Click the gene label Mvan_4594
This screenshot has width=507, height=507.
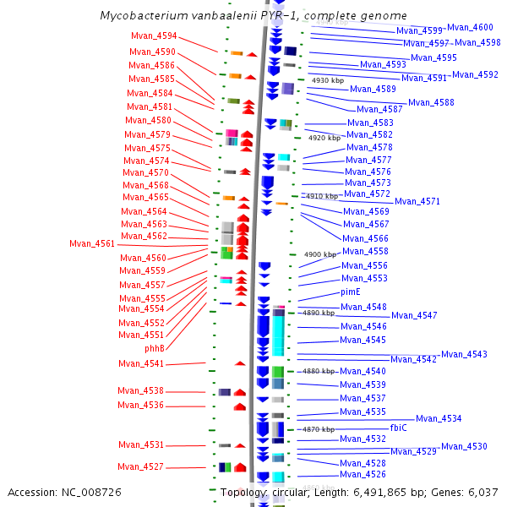(155, 36)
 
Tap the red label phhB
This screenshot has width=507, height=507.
(155, 348)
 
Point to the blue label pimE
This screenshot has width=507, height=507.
(351, 292)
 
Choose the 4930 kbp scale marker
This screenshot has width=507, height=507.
(328, 81)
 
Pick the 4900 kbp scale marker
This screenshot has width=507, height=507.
(320, 255)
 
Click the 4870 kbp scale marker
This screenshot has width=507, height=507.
(319, 429)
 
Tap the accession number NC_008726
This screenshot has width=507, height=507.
(89, 492)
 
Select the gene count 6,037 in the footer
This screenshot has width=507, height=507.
(482, 492)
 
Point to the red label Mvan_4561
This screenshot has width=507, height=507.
(92, 244)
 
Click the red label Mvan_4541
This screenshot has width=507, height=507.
(141, 364)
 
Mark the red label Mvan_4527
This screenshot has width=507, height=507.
(140, 466)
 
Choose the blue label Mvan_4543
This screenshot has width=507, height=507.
(464, 355)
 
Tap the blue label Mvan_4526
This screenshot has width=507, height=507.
(363, 475)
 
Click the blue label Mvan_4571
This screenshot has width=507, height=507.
(417, 202)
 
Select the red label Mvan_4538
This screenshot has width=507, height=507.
(141, 391)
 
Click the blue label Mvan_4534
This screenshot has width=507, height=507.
(439, 419)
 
